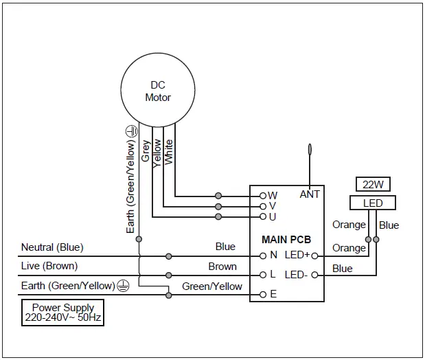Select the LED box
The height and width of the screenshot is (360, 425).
[x=373, y=203]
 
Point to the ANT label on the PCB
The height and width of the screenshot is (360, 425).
[x=310, y=194]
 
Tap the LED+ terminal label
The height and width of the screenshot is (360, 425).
[x=296, y=256]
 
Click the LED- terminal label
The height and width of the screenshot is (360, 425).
[x=296, y=275]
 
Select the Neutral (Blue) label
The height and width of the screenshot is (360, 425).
[x=52, y=247]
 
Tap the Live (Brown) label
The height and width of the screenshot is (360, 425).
[x=49, y=266]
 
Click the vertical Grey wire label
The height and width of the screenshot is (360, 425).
[x=146, y=150]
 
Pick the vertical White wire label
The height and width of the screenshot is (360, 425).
[x=169, y=150]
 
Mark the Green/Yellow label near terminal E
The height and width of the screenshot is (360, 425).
[x=212, y=286]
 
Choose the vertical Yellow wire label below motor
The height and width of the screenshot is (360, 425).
[x=157, y=150]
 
